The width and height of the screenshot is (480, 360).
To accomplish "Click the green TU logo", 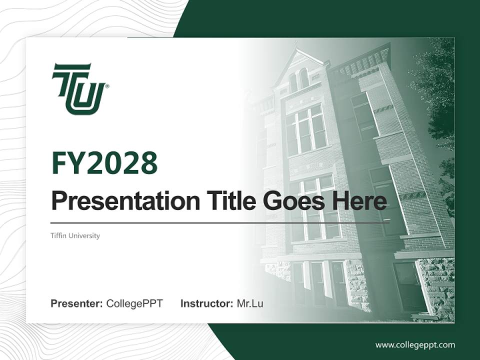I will (x=78, y=88).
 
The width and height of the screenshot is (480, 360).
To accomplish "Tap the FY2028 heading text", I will (x=104, y=162).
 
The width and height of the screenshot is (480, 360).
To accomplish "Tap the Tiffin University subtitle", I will (x=75, y=235).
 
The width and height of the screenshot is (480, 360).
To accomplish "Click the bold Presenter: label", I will (x=77, y=303).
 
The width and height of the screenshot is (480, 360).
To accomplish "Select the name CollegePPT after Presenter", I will (x=134, y=303).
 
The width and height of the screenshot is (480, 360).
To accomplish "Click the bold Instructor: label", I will (x=206, y=303).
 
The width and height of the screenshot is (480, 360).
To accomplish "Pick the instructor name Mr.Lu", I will (x=249, y=303).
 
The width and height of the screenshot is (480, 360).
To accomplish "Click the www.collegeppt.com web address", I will (x=415, y=345).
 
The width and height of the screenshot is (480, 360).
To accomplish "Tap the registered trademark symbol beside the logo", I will (x=107, y=86).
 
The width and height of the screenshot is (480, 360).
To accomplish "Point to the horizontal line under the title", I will (x=220, y=222).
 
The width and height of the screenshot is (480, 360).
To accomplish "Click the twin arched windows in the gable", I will (x=298, y=79).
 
